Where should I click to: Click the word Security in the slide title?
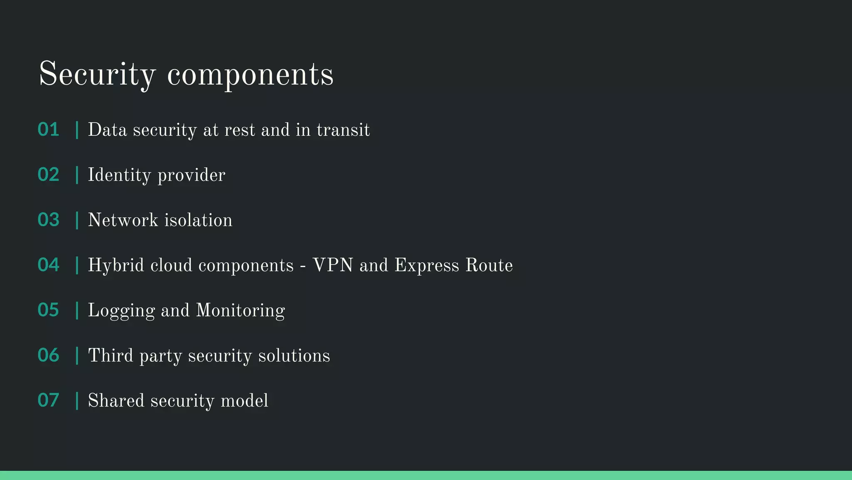[97, 74]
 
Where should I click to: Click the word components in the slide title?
[250, 75]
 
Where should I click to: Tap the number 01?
[48, 130]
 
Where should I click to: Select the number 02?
[48, 175]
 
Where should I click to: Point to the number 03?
[48, 220]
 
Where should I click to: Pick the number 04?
[48, 265]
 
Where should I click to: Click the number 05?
[48, 310]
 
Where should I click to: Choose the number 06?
[48, 355]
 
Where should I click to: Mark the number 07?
[48, 400]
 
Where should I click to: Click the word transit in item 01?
[343, 130]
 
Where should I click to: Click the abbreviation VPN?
[332, 265]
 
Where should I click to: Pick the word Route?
[489, 265]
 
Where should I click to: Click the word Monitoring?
[240, 311]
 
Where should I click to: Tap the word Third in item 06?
[111, 355]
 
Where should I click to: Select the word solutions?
[294, 355]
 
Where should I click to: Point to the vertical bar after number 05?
[77, 310]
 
